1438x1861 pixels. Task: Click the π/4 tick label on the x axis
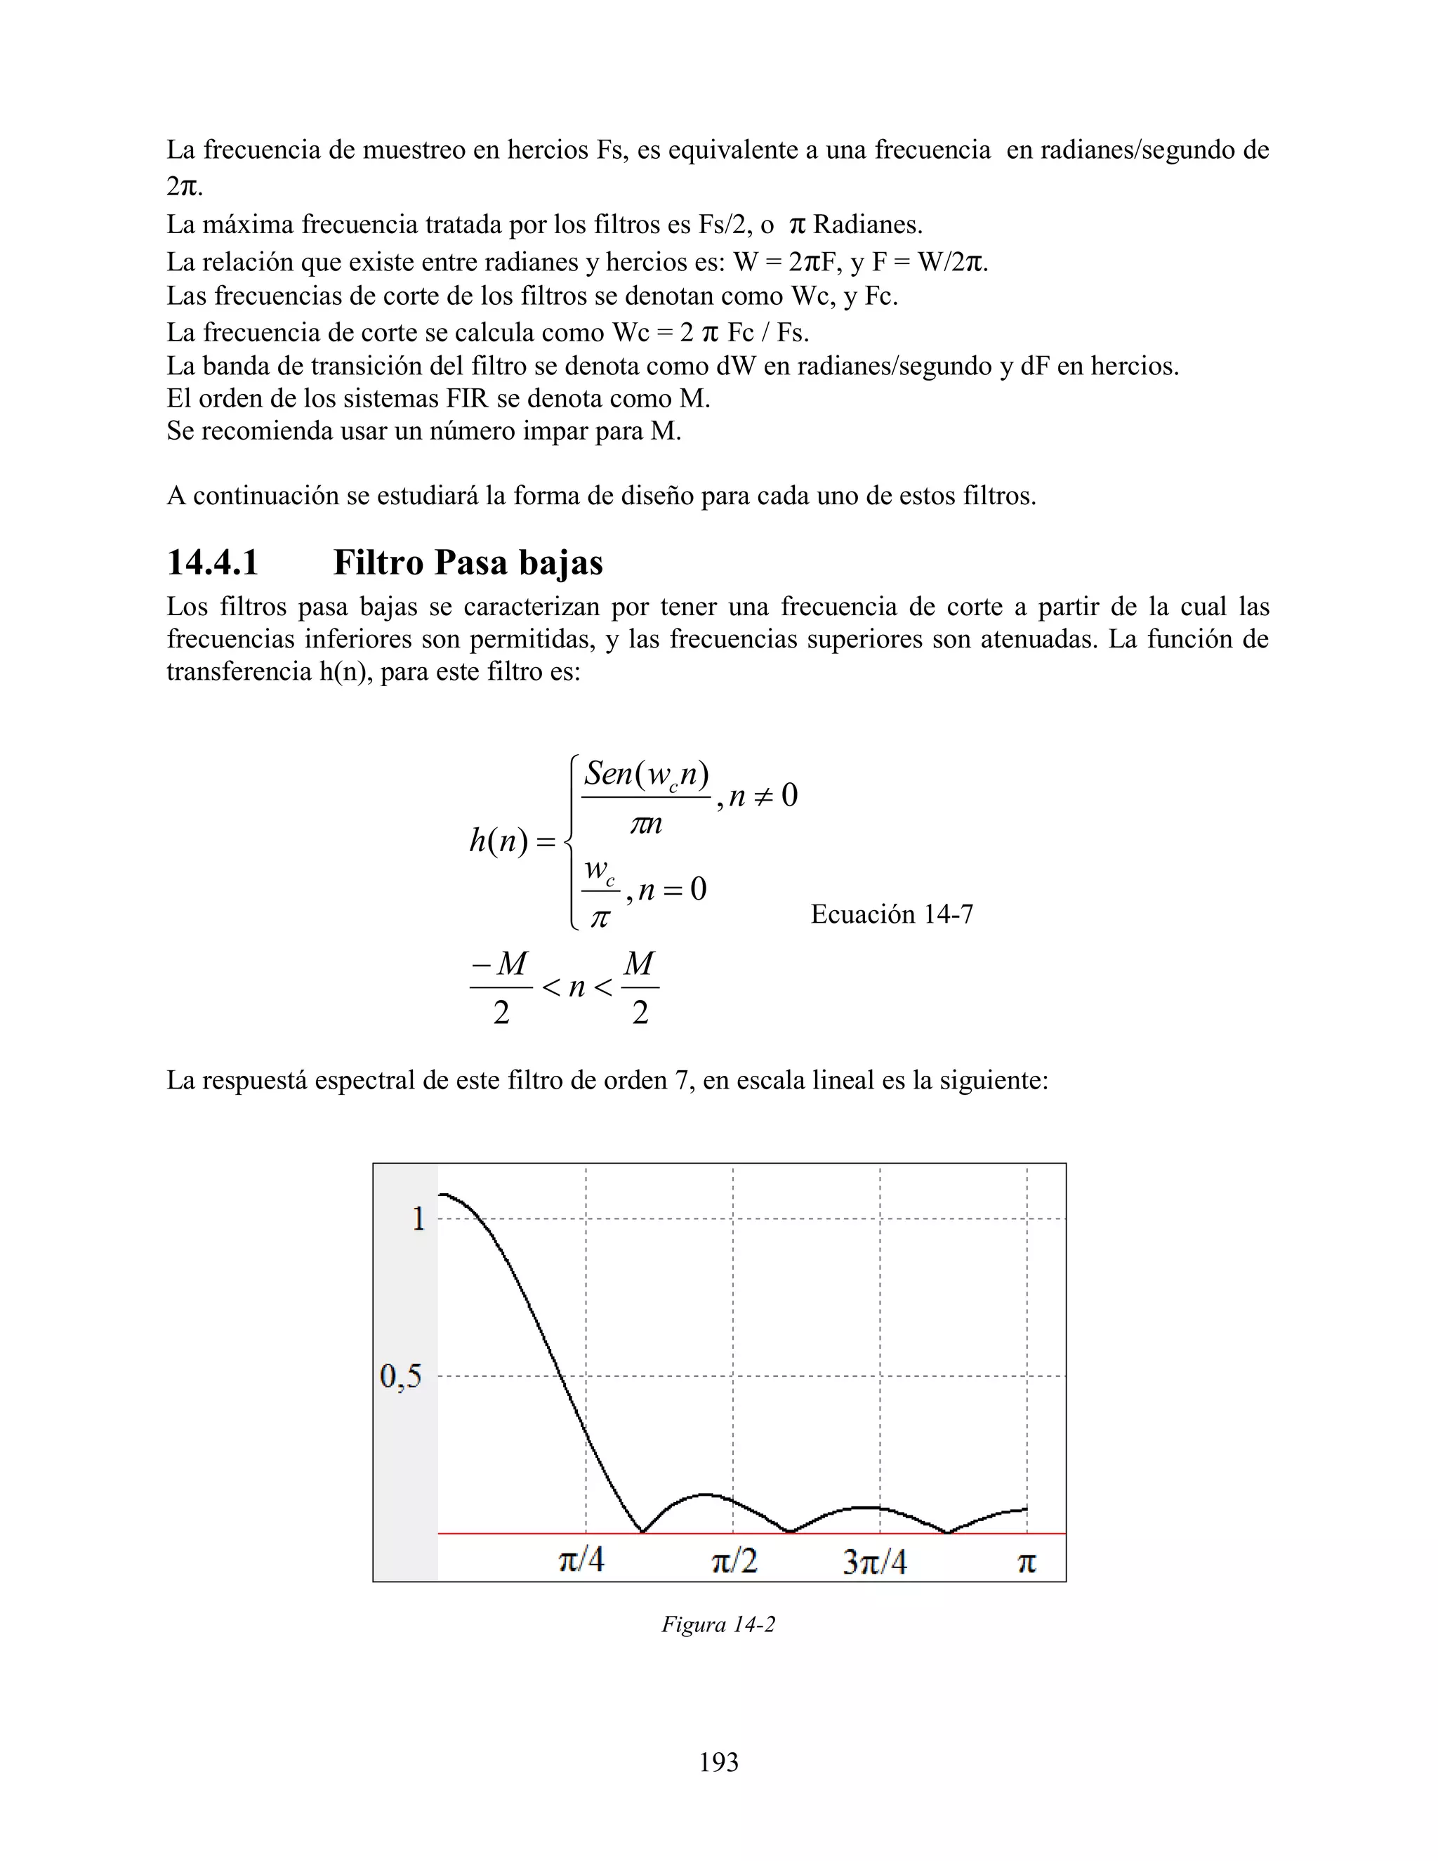coord(581,1561)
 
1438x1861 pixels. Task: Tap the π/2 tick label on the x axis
coord(734,1561)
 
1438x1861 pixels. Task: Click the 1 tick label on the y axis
coord(418,1218)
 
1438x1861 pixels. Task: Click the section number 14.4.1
coord(212,563)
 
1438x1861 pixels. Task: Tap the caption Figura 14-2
coord(718,1624)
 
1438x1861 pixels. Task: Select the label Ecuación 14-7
coord(891,914)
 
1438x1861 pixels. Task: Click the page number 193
coord(718,1762)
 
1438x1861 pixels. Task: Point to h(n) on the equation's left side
coord(499,841)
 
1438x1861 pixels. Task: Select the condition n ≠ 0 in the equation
coord(763,796)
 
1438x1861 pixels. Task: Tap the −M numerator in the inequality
coord(500,964)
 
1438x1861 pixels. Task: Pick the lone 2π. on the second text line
coord(184,186)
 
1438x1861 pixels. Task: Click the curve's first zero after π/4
coord(642,1531)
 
